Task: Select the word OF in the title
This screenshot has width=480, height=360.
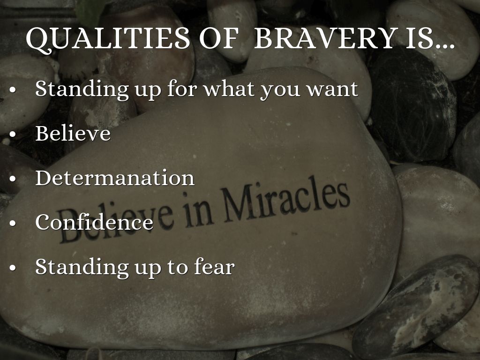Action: [218, 38]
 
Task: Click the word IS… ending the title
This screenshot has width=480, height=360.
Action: [430, 38]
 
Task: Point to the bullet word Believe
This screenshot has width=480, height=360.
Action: [73, 133]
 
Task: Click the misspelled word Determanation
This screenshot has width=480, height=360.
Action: [115, 178]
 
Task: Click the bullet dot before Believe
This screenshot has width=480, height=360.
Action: [13, 134]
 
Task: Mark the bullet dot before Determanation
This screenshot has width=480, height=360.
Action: [13, 179]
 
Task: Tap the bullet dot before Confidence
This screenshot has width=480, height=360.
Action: [13, 223]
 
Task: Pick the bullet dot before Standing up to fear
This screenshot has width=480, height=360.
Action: [13, 267]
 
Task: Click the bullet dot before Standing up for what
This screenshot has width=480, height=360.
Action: [13, 90]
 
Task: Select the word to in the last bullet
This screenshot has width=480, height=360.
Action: [177, 267]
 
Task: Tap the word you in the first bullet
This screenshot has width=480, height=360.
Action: [280, 91]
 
